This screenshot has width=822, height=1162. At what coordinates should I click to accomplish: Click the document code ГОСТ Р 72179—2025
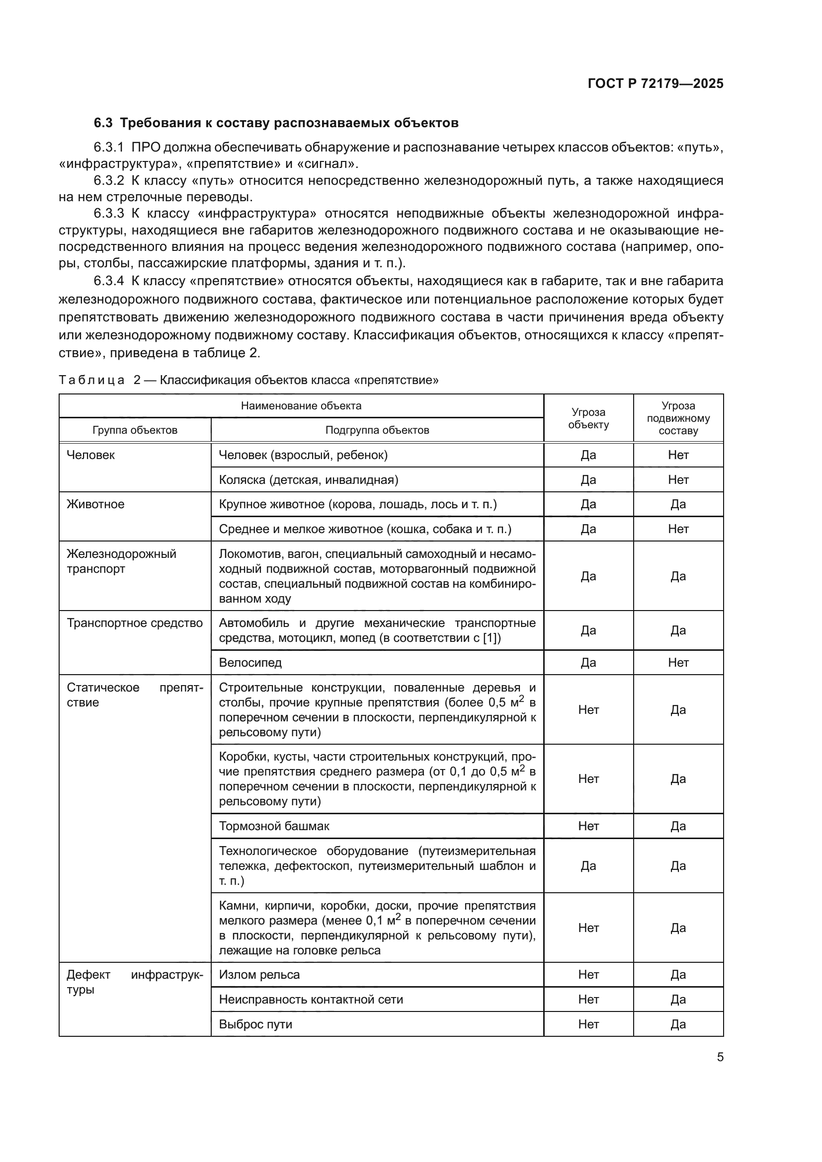pyautogui.click(x=656, y=83)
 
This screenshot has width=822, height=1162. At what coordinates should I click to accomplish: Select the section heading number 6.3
pyautogui.click(x=103, y=123)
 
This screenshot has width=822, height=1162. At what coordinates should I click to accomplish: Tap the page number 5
pyautogui.click(x=720, y=1057)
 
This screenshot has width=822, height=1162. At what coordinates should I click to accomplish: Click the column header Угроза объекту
pyautogui.click(x=588, y=418)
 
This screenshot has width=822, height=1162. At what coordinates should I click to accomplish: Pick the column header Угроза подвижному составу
pyautogui.click(x=678, y=418)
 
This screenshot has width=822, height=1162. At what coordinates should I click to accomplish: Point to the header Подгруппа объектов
pyautogui.click(x=377, y=430)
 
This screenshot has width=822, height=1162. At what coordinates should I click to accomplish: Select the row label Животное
pyautogui.click(x=95, y=504)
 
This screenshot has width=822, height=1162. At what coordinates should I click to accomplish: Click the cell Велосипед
pyautogui.click(x=250, y=663)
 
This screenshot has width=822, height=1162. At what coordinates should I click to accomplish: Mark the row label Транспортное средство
pyautogui.click(x=135, y=623)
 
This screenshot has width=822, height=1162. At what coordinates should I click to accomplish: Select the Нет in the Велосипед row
pyautogui.click(x=678, y=663)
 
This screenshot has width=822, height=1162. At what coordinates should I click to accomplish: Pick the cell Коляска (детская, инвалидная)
pyautogui.click(x=309, y=479)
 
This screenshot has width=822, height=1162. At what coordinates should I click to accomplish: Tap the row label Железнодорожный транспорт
pyautogui.click(x=121, y=561)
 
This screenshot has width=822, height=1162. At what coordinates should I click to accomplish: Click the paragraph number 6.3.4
pyautogui.click(x=108, y=281)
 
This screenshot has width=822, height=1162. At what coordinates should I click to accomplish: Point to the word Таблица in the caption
pyautogui.click(x=91, y=380)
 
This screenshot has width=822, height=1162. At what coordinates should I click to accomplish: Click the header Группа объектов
pyautogui.click(x=135, y=430)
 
